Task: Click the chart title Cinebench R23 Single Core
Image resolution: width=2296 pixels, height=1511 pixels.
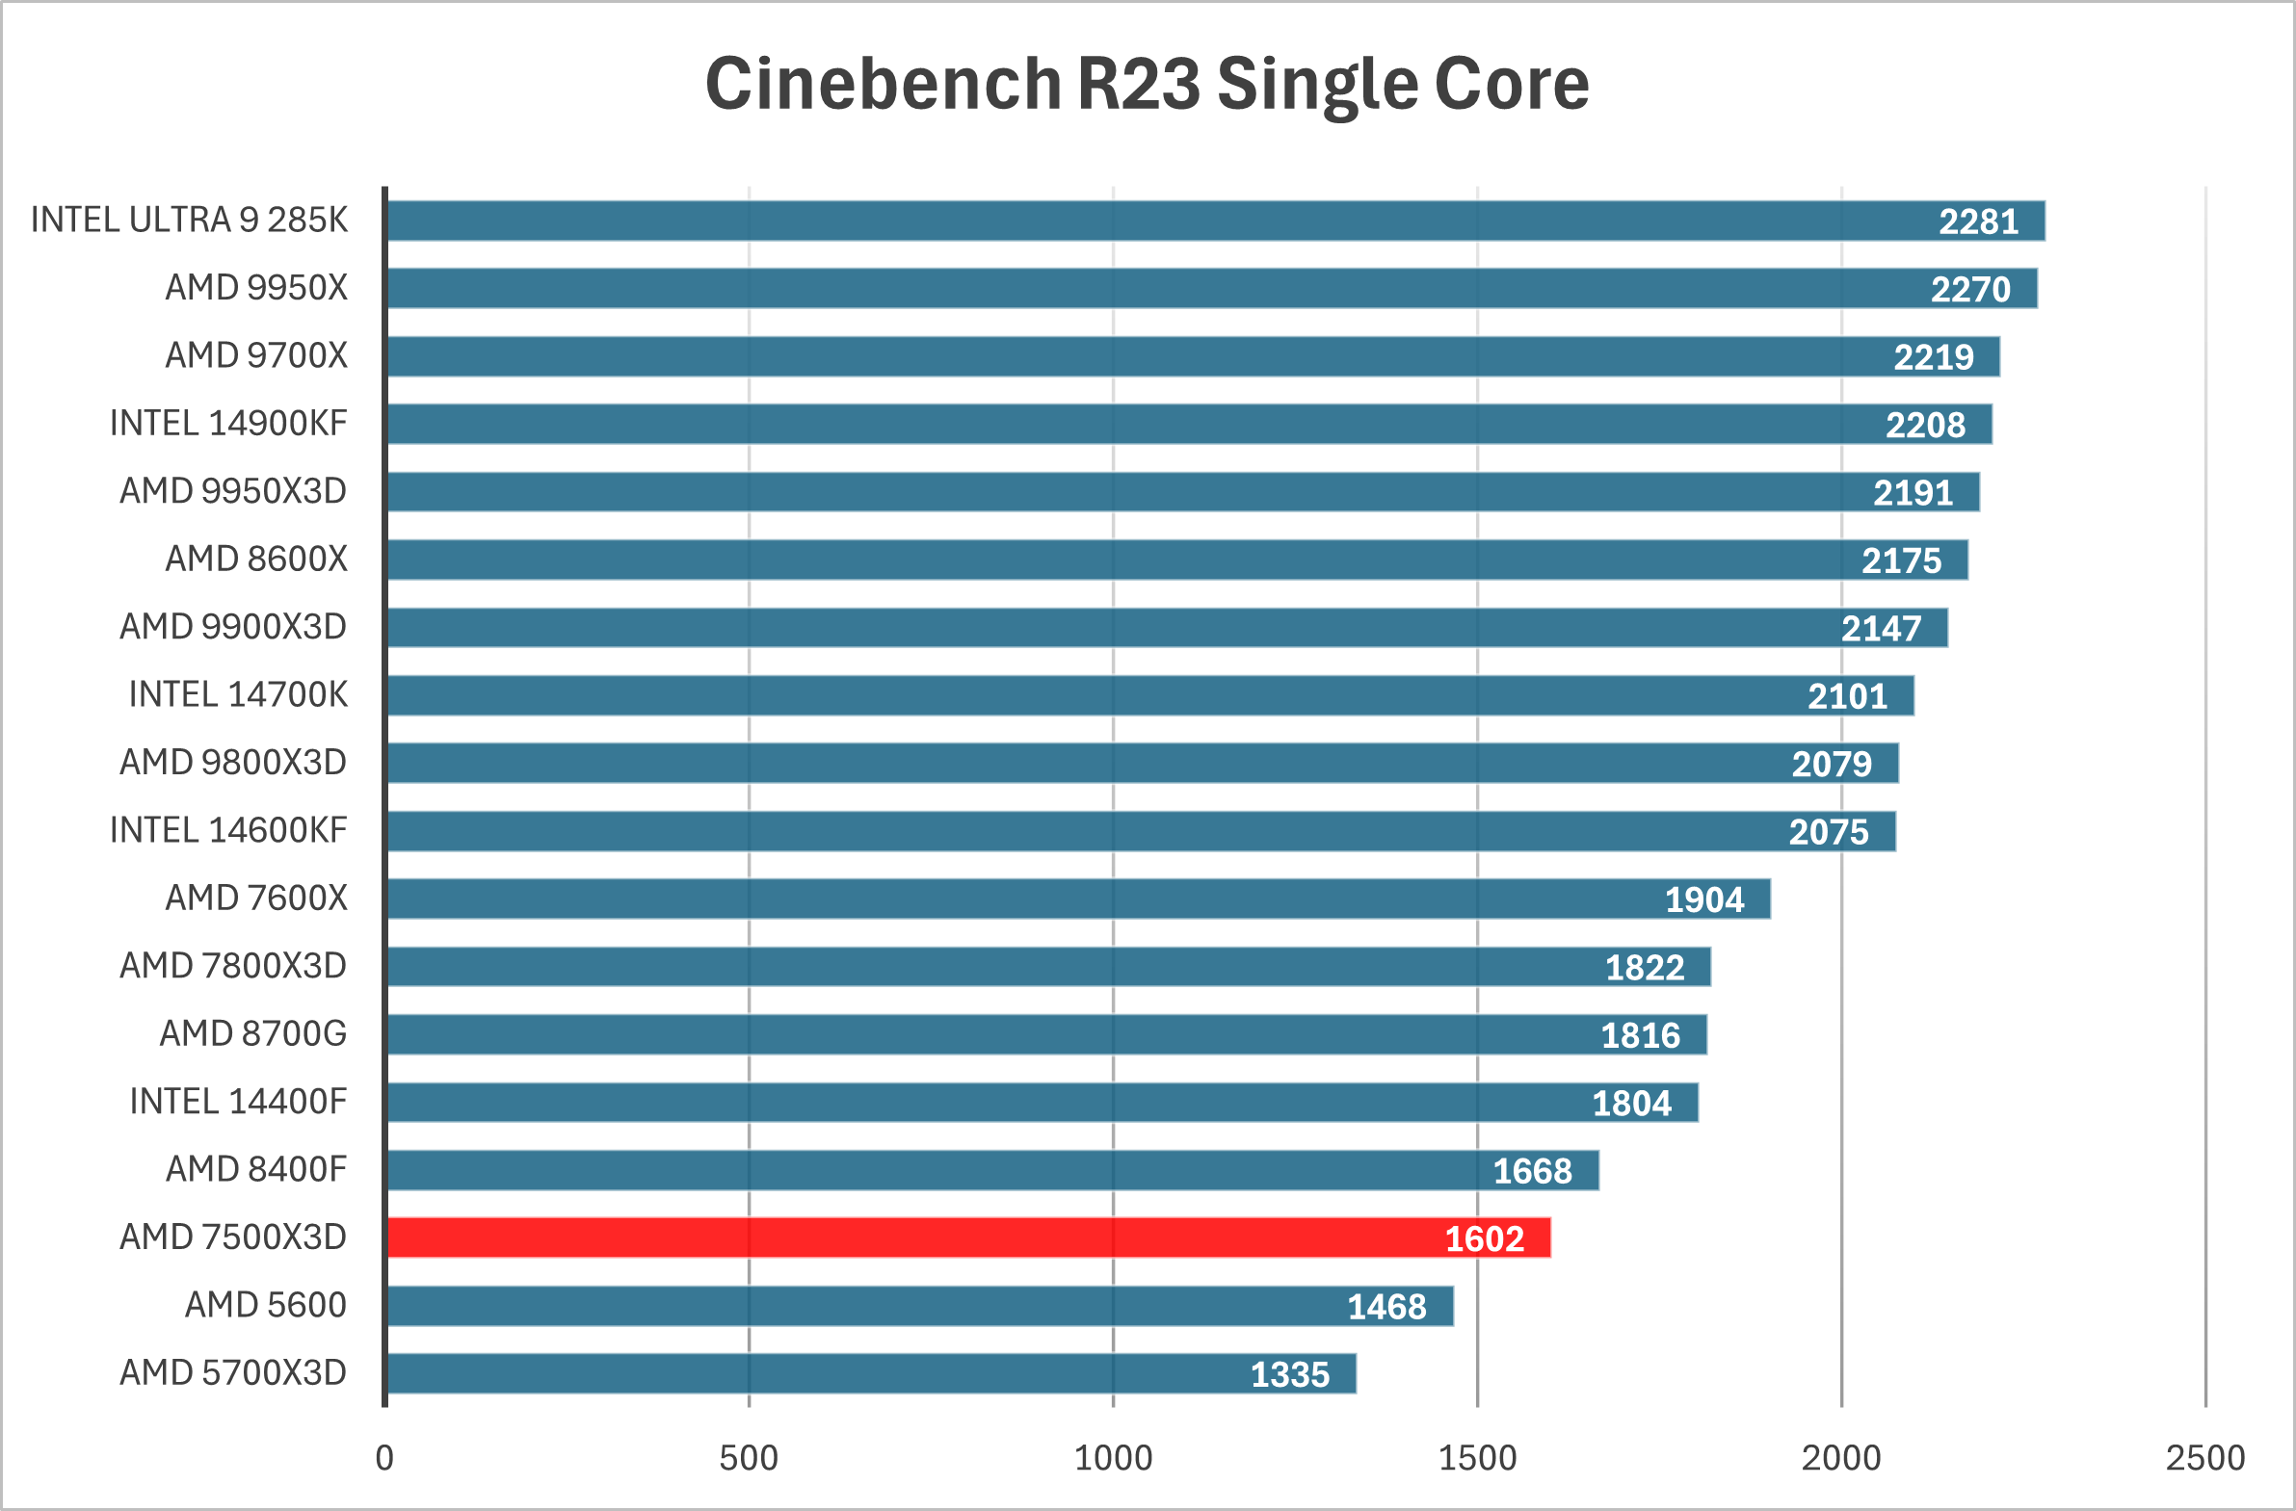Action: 1147,84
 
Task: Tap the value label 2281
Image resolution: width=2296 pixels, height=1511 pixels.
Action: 1978,221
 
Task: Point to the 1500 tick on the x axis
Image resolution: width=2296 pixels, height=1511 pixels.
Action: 1477,1458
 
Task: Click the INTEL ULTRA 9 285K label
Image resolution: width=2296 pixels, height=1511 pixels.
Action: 189,220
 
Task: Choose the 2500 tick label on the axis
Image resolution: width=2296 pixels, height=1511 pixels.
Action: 2205,1458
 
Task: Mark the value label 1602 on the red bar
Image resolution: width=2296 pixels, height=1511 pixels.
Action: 1484,1239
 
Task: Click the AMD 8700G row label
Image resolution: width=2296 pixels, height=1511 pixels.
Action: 252,1033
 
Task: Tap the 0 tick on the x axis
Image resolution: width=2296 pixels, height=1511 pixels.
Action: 384,1458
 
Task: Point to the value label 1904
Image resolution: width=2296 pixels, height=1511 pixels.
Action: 1703,899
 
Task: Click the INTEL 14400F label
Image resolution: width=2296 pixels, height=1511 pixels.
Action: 238,1101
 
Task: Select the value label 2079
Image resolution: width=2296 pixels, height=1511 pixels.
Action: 1831,765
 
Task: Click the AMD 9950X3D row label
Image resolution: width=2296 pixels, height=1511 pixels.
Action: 232,491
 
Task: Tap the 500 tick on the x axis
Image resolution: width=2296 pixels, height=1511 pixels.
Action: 749,1458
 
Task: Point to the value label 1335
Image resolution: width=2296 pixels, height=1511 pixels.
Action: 1290,1375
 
